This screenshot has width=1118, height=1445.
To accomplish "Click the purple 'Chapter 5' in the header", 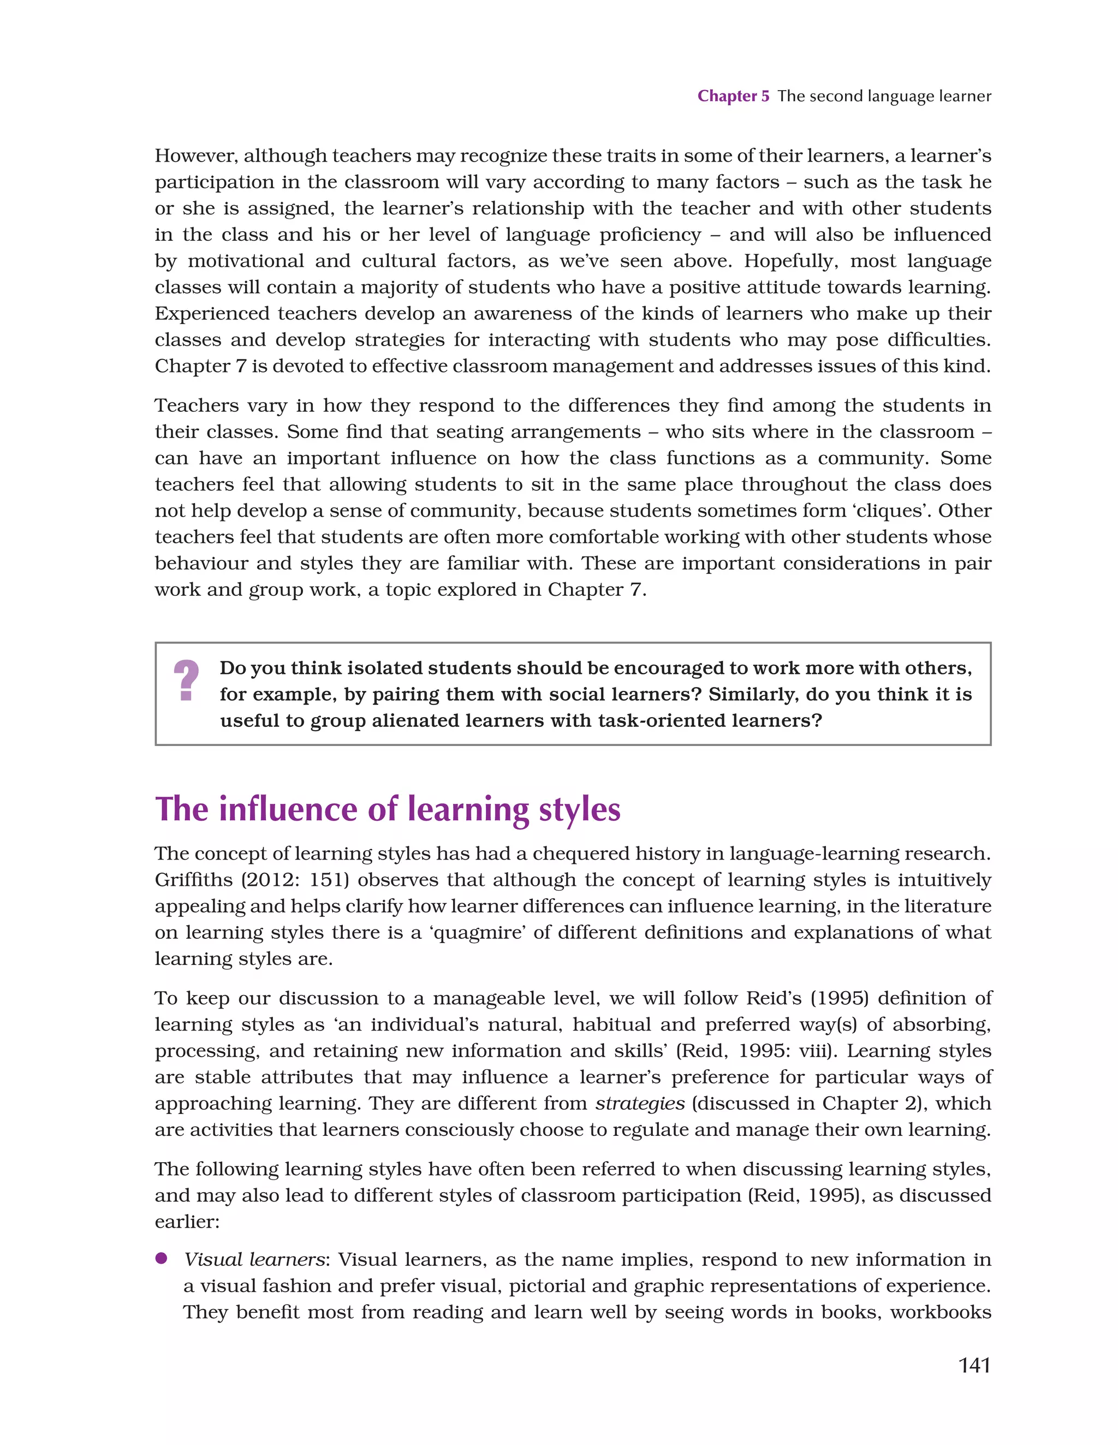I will click(x=733, y=96).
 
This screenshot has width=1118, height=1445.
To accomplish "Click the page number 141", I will click(x=974, y=1365).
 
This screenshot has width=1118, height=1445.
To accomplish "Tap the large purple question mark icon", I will click(x=186, y=681).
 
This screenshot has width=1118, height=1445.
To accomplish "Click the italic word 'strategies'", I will click(x=640, y=1104).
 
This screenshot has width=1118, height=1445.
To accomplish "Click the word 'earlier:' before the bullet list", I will click(x=187, y=1221).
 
